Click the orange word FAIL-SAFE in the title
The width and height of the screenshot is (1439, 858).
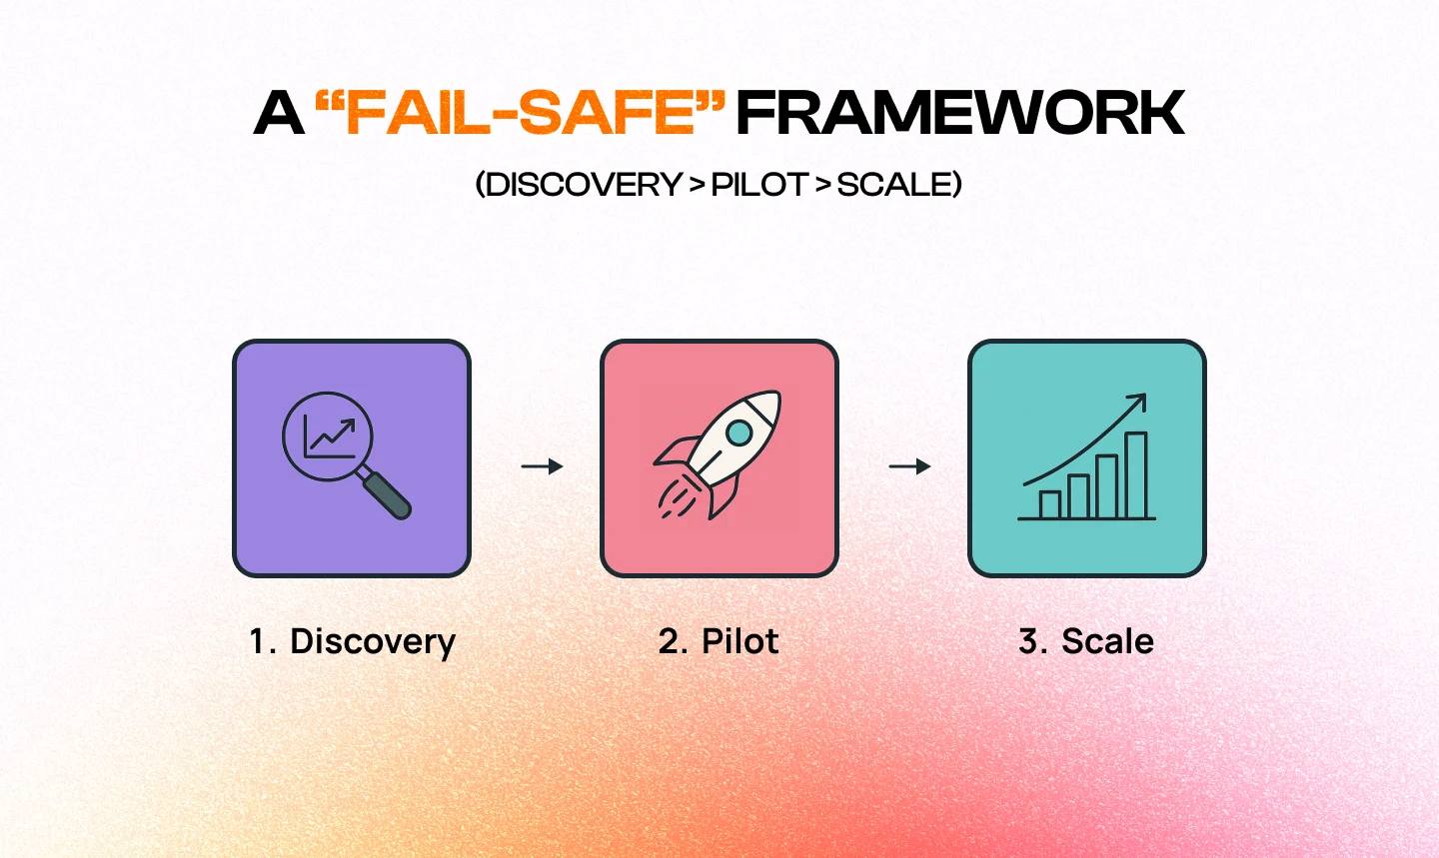pos(521,112)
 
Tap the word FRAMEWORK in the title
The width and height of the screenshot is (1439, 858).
pos(960,113)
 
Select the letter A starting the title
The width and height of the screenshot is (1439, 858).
pos(279,113)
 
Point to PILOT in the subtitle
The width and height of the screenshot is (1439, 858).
pos(759,185)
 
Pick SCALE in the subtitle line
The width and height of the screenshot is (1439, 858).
pos(894,185)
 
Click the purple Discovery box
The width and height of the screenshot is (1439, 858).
pos(352,458)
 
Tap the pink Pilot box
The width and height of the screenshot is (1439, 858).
pos(719,458)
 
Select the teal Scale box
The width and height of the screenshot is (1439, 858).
pos(1087,458)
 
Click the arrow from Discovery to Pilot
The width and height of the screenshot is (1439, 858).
pos(543,466)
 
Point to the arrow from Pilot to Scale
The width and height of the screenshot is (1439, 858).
pos(909,466)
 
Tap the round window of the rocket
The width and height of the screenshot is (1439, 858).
pos(739,432)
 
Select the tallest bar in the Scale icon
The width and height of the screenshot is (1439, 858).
pos(1136,475)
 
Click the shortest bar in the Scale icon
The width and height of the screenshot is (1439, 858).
pos(1049,504)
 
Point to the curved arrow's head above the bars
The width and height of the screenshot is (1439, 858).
pos(1137,403)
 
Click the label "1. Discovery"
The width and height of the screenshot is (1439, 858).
pos(352,642)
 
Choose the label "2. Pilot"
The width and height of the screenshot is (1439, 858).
pos(719,641)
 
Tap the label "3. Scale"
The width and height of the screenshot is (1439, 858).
pos(1086,641)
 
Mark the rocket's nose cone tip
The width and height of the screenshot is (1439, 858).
pos(777,393)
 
